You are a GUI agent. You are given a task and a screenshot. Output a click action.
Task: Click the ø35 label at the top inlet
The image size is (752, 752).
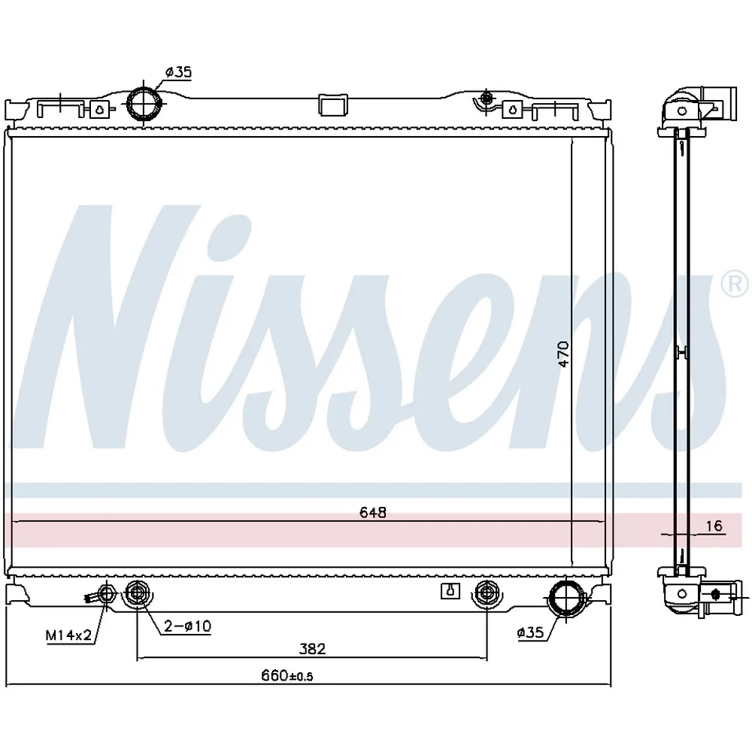tap(178, 72)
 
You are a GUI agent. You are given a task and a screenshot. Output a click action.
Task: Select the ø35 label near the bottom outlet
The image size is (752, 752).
tap(530, 632)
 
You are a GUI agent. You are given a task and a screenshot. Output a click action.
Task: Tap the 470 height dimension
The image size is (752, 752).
tap(564, 354)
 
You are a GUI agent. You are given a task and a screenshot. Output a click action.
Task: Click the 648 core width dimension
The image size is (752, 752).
tap(373, 513)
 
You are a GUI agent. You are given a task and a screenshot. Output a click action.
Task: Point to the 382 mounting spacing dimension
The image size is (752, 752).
tap(312, 649)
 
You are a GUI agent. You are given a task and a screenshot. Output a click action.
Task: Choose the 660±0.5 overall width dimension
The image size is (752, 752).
tap(287, 676)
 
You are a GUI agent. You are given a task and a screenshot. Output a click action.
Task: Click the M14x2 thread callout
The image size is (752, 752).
tap(68, 635)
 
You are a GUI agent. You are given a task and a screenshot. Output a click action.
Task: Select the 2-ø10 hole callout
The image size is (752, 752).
tap(187, 626)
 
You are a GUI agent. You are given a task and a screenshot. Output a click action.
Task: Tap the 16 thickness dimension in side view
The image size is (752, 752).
tap(714, 526)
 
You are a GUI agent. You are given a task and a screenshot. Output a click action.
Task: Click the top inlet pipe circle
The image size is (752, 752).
tap(144, 103)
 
